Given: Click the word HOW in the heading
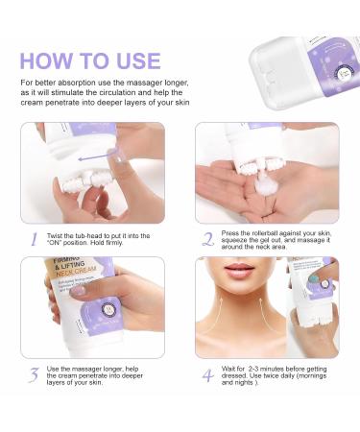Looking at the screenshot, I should [x=49, y=60].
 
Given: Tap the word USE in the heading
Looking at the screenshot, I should [x=131, y=60].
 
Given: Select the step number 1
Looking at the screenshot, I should [x=32, y=238].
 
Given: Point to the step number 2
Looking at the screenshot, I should [x=208, y=238].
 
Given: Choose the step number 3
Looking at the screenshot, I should [x=32, y=375].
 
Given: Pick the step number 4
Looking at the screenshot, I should [x=207, y=375].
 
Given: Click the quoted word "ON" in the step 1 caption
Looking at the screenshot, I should [x=65, y=244].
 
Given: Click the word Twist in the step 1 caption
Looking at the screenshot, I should [x=57, y=235].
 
